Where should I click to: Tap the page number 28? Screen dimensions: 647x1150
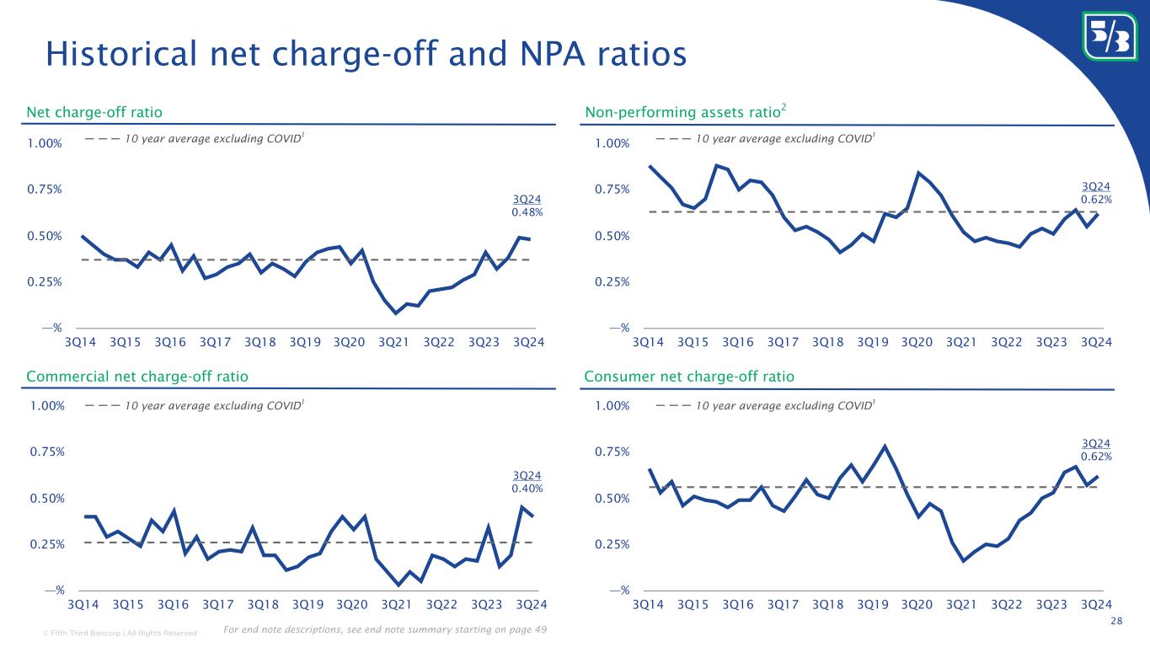(x=1117, y=621)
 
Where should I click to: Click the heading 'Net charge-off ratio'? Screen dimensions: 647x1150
(x=94, y=112)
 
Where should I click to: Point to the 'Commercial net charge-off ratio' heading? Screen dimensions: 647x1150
(x=137, y=377)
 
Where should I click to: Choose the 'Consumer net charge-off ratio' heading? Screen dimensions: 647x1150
(x=688, y=377)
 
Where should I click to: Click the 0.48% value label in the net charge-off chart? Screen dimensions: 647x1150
(x=527, y=212)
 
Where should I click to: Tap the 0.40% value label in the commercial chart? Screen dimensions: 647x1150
(x=527, y=488)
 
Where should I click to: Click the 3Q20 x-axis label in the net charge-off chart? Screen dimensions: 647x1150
(x=350, y=343)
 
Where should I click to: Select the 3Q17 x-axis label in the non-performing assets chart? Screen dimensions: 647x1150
(x=783, y=343)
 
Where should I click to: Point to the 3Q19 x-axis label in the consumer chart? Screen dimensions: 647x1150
(x=873, y=605)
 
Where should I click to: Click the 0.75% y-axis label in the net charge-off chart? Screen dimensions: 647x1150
(x=45, y=190)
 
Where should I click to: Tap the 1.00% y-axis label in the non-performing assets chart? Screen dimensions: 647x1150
(x=613, y=144)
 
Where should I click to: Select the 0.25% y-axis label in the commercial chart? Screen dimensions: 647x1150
(x=45, y=544)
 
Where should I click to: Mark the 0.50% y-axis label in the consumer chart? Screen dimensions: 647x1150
(x=613, y=499)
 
